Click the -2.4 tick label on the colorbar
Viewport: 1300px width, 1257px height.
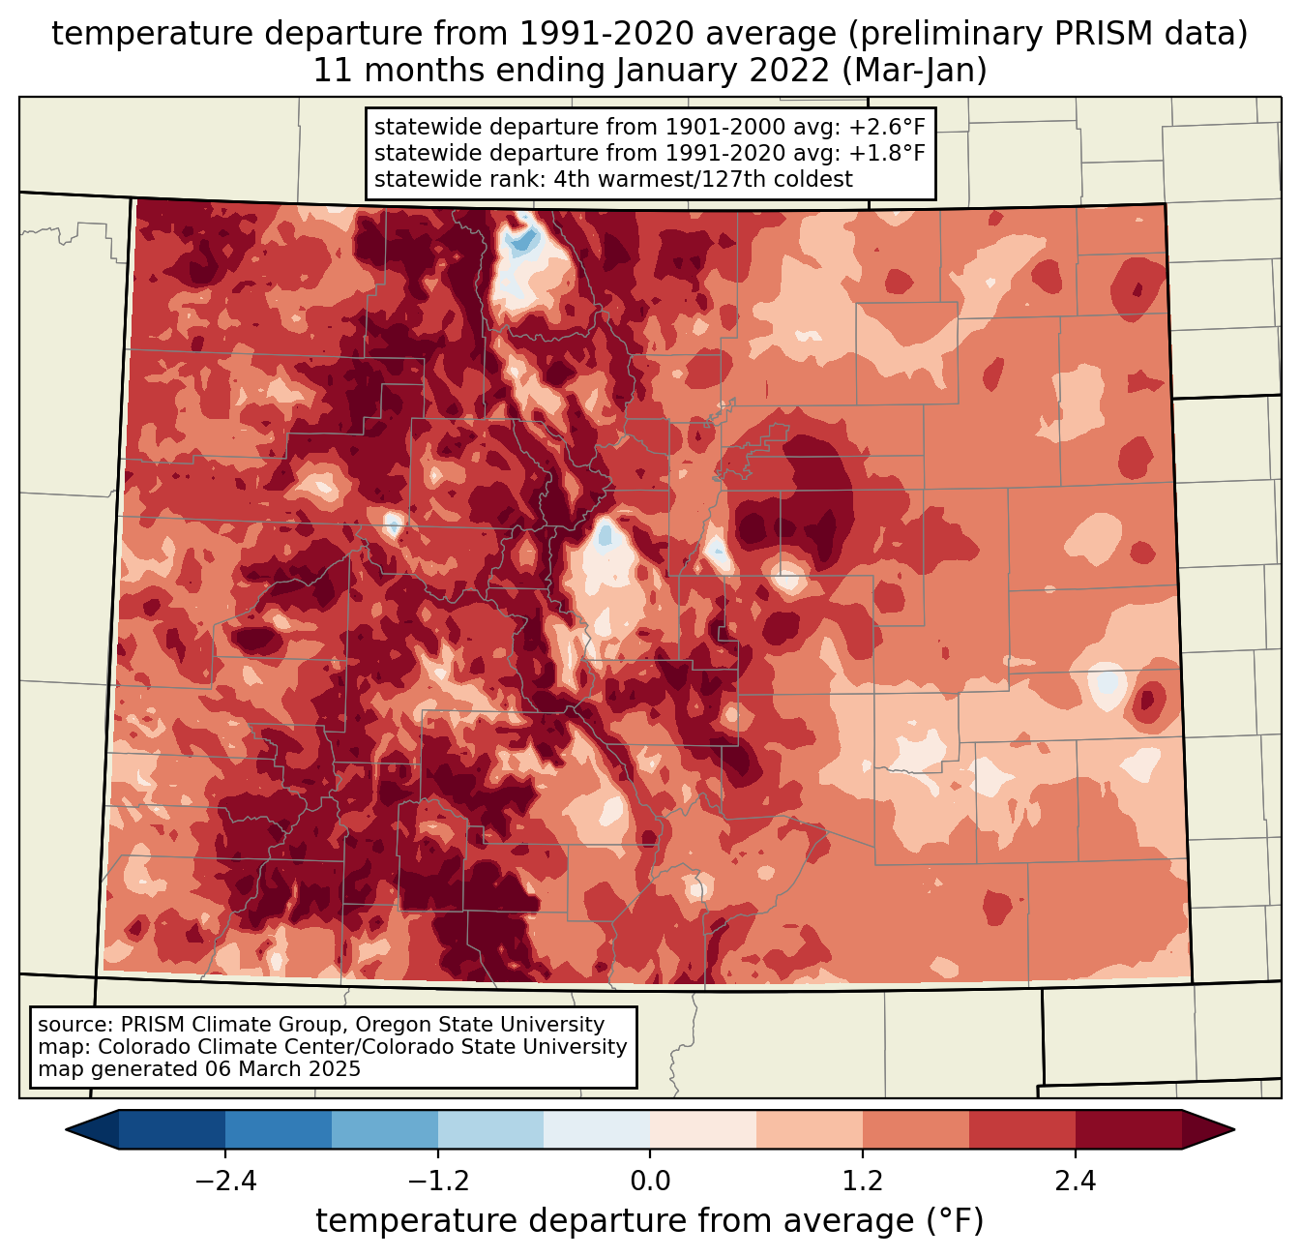(x=224, y=1182)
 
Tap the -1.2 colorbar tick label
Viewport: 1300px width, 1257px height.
(x=437, y=1182)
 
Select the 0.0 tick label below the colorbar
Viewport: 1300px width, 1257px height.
(x=650, y=1182)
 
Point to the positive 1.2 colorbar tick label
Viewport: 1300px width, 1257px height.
(x=863, y=1182)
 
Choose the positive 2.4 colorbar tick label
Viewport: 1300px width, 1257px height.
(x=1075, y=1182)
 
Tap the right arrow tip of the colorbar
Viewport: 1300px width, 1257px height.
(x=1231, y=1129)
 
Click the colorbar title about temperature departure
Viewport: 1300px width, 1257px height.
(x=650, y=1221)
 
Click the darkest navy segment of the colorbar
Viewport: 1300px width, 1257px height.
(x=172, y=1129)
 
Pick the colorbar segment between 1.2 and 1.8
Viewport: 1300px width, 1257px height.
(x=915, y=1129)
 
